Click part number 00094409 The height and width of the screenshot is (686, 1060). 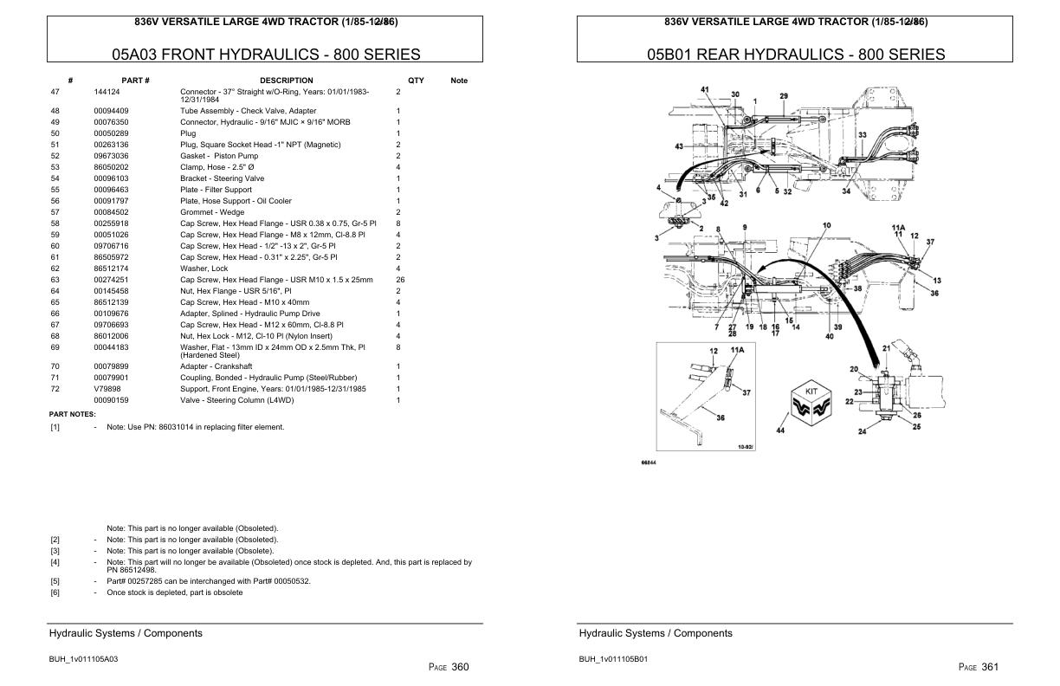(x=111, y=111)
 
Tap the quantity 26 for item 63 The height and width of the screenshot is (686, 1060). (x=400, y=280)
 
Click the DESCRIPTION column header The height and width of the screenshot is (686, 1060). (x=286, y=81)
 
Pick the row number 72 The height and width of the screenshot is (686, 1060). (x=55, y=389)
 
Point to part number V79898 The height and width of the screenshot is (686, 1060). (x=108, y=389)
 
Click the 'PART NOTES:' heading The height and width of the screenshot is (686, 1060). (x=73, y=414)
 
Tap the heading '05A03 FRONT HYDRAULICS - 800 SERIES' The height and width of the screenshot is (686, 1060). (x=266, y=55)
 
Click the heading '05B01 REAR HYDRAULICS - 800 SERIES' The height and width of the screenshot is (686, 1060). (x=796, y=55)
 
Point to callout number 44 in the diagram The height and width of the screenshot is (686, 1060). (x=782, y=430)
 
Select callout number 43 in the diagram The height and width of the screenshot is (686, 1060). (x=680, y=146)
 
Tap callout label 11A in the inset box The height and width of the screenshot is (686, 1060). (x=737, y=348)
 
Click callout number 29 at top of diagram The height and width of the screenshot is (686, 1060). (x=784, y=96)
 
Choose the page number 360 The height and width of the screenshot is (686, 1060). (x=460, y=666)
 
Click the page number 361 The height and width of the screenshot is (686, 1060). (x=991, y=666)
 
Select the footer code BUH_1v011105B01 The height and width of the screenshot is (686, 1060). (x=613, y=659)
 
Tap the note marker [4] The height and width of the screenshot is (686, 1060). (x=55, y=562)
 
